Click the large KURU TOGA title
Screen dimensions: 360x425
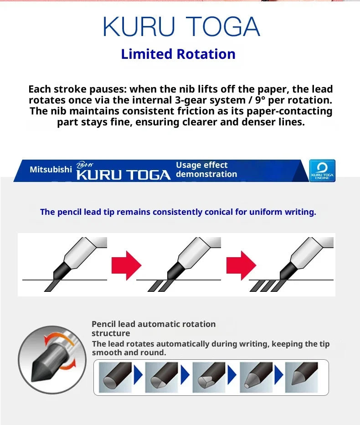tap(181, 26)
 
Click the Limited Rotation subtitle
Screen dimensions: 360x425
tap(178, 54)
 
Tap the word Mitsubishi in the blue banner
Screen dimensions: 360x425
tap(51, 169)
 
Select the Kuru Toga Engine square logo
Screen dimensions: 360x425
tap(322, 171)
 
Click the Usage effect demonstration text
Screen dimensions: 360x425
tap(206, 169)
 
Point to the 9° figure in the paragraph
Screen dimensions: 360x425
tap(260, 100)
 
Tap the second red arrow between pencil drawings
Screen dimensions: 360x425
tap(241, 265)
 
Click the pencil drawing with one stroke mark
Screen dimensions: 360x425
tap(65, 264)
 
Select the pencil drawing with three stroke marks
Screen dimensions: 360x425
tap(292, 264)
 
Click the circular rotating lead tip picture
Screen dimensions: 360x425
tap(52, 360)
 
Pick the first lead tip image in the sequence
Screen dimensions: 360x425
tap(115, 377)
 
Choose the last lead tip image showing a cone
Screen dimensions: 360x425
tap(302, 377)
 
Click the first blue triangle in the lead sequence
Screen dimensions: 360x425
tap(138, 375)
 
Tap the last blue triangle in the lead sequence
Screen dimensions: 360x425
tap(279, 375)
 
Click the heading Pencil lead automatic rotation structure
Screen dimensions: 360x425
tap(154, 328)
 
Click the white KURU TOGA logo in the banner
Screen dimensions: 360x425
tap(123, 175)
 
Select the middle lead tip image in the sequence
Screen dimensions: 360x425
tap(209, 377)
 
